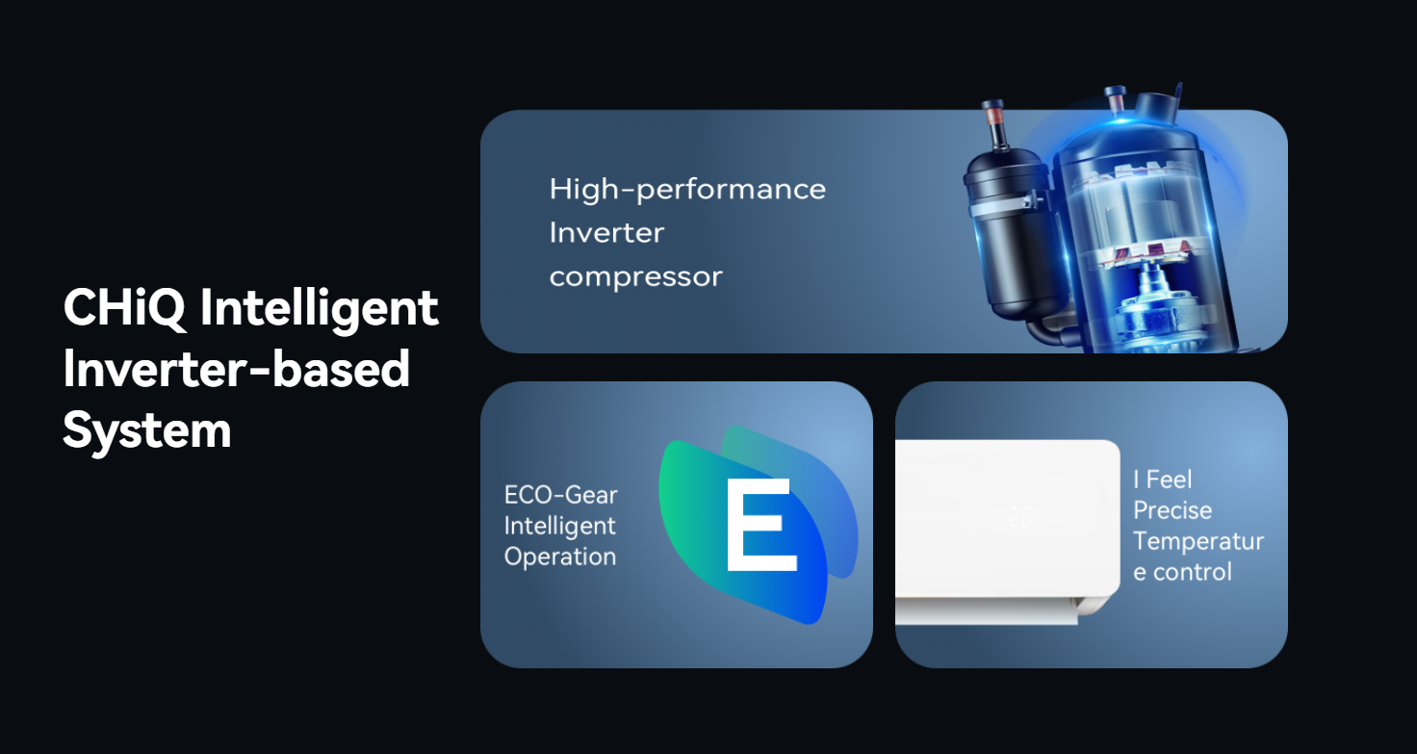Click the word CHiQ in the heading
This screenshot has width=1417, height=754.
click(x=124, y=308)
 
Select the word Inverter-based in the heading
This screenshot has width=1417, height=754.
click(x=237, y=369)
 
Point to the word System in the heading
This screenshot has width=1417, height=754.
click(x=146, y=430)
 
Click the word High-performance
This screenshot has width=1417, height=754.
click(x=687, y=190)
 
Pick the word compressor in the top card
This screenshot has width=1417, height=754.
click(x=635, y=277)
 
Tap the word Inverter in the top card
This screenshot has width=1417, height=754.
click(x=606, y=233)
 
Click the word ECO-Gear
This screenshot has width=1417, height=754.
click(x=560, y=495)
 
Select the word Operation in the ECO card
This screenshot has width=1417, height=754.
click(x=560, y=558)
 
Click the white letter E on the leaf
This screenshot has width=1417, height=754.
click(x=761, y=525)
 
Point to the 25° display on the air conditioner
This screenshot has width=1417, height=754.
click(x=1023, y=517)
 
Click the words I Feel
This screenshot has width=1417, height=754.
click(x=1163, y=480)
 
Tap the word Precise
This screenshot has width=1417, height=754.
click(x=1172, y=510)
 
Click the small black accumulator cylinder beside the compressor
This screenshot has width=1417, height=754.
click(x=1007, y=234)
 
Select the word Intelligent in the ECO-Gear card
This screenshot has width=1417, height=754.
click(x=559, y=527)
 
